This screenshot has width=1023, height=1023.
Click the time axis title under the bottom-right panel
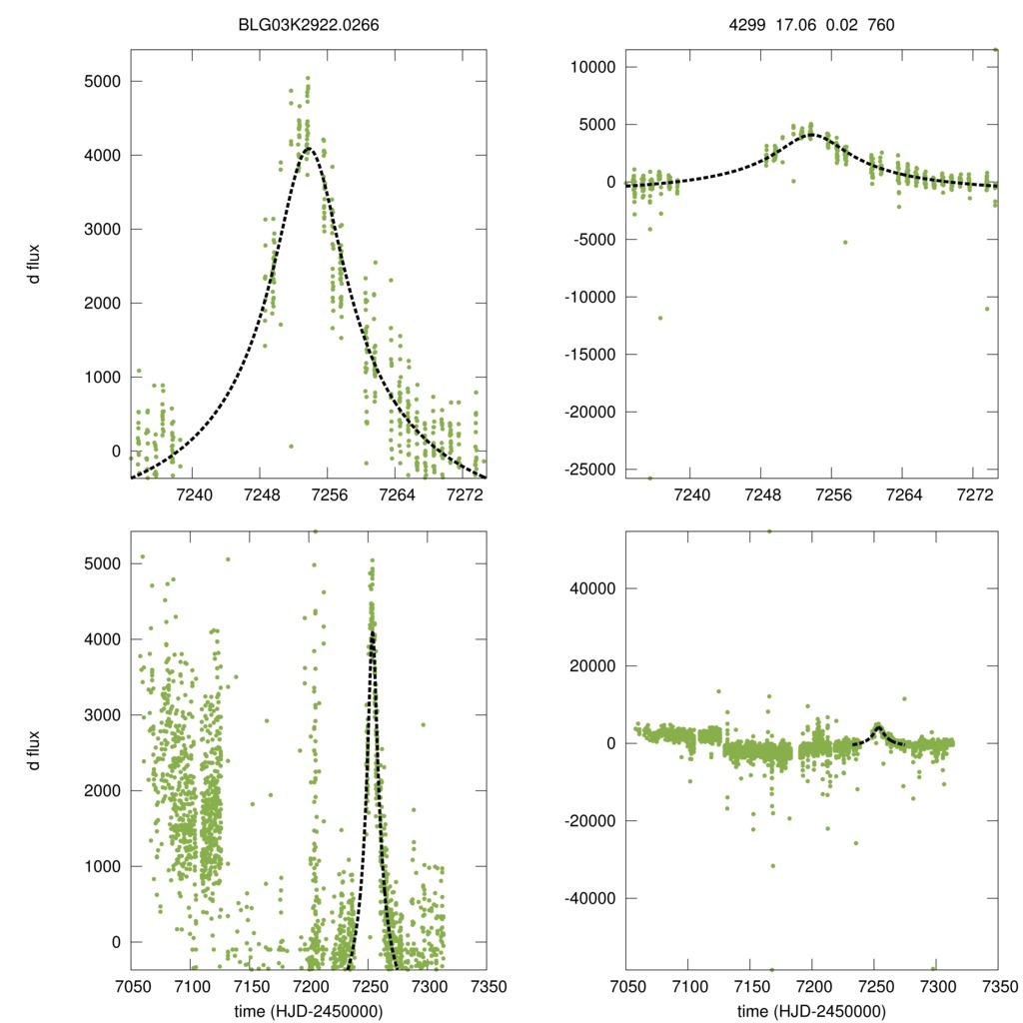tap(811, 1010)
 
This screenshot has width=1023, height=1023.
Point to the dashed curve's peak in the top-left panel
tap(310, 149)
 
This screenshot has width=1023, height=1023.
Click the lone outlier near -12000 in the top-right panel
tap(659, 318)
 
